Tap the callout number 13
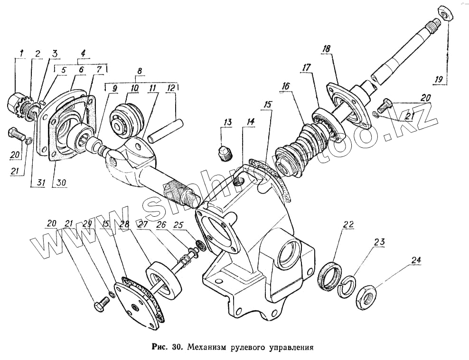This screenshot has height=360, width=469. click(228, 122)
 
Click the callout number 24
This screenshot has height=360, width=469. click(416, 260)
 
